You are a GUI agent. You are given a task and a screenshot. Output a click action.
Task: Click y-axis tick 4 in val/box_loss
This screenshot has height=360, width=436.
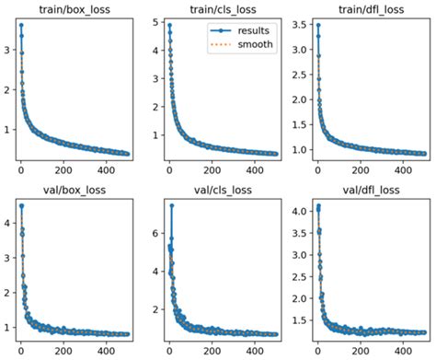(7, 222)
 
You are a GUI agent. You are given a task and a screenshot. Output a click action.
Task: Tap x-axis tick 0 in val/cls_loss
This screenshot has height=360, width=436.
(168, 352)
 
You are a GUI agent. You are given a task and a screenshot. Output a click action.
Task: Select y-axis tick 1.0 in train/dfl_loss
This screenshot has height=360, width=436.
(295, 147)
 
